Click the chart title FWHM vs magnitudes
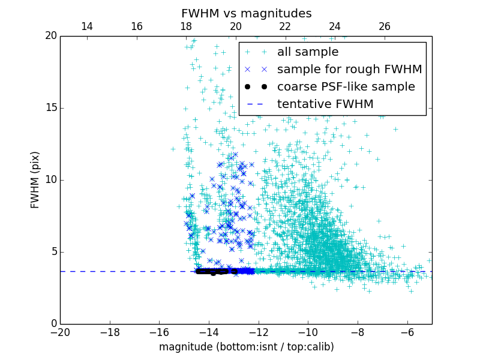[x=246, y=13]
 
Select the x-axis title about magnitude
[x=246, y=347]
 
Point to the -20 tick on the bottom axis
[x=60, y=332]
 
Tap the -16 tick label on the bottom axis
[x=159, y=332]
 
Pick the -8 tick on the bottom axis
[x=358, y=332]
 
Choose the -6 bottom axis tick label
[x=407, y=332]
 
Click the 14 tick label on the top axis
[x=87, y=26]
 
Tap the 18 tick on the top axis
[x=186, y=26]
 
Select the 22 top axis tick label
[x=285, y=26]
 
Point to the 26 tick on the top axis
[x=385, y=26]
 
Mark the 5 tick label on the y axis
[x=53, y=252]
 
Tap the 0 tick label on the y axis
[x=53, y=324]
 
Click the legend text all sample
[x=308, y=52]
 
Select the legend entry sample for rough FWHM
[x=349, y=70]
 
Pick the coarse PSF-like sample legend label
[x=346, y=87]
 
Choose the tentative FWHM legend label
[x=325, y=104]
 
